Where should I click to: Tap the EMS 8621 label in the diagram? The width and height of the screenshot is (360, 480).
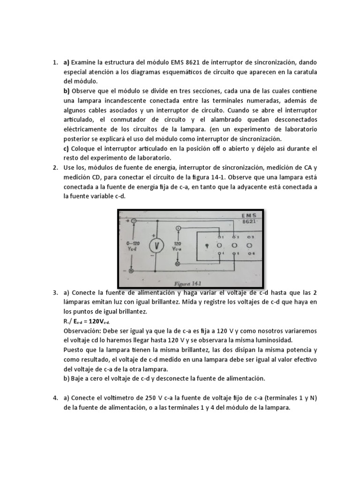[249, 218]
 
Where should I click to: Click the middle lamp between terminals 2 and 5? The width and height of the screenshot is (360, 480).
[234, 245]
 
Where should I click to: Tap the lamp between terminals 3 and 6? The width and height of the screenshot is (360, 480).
[249, 245]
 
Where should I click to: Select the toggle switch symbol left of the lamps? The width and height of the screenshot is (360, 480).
[207, 245]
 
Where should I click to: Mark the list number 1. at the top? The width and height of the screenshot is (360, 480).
[55, 62]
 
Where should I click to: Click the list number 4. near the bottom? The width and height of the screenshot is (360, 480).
[55, 398]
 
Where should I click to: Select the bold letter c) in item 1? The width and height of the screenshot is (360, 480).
[67, 149]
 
